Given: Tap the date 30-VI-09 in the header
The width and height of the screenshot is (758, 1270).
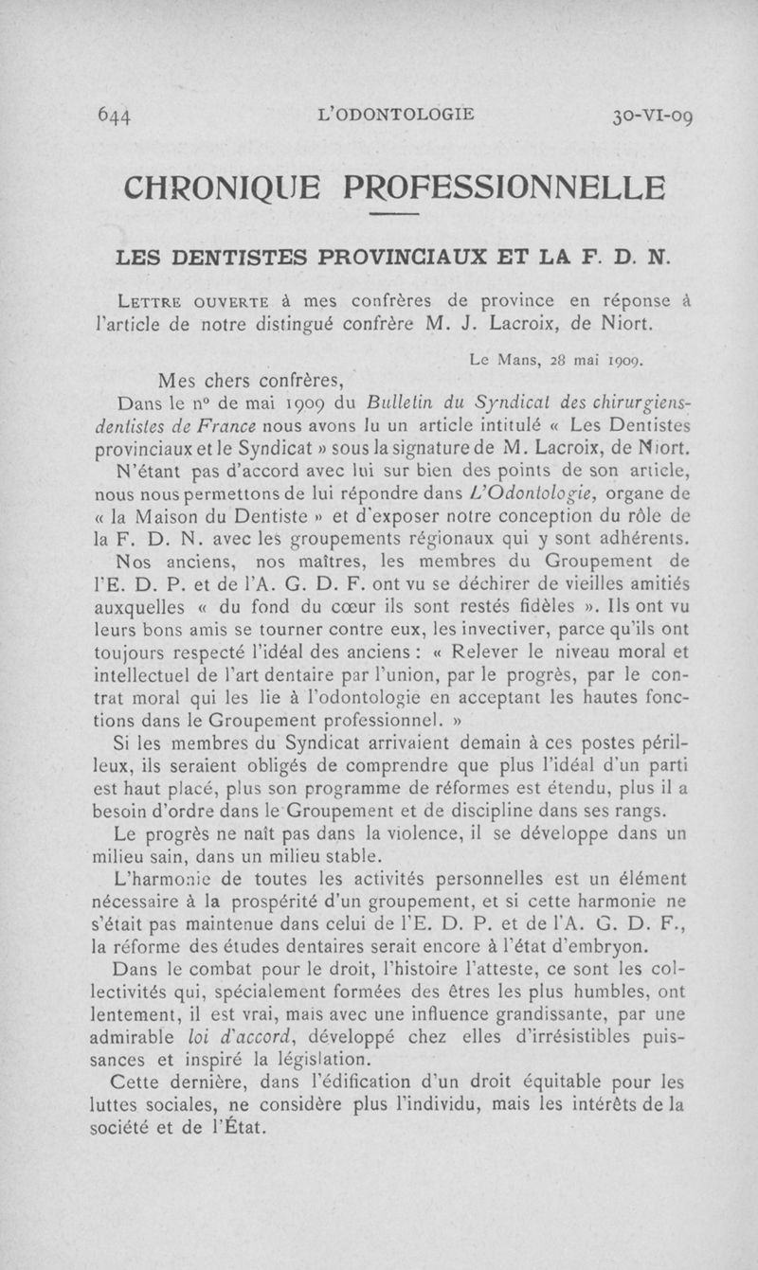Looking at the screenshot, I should pyautogui.click(x=652, y=117).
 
